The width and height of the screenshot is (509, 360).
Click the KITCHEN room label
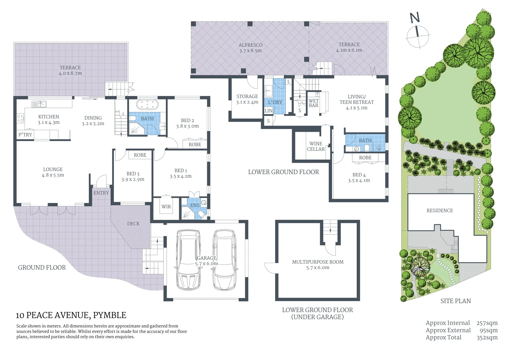click(x=49, y=117)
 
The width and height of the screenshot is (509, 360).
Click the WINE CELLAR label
click(x=315, y=146)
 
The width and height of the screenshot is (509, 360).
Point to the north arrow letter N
click(x=415, y=18)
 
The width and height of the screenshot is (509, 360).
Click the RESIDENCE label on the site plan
click(x=440, y=211)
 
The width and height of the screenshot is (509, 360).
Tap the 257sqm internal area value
click(x=487, y=323)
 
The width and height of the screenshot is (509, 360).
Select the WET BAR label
click(x=313, y=103)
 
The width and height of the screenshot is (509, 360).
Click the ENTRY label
click(x=101, y=193)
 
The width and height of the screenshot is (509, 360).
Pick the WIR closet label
click(x=166, y=207)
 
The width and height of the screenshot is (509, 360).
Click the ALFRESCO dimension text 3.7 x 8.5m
click(x=251, y=51)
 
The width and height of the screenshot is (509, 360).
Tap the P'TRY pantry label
click(x=25, y=135)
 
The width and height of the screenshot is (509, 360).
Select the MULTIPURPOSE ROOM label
click(x=318, y=262)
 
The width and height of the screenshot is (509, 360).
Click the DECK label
click(x=133, y=224)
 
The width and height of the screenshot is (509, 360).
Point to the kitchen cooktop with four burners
click(x=20, y=118)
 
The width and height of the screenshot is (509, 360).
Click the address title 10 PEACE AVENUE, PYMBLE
click(x=71, y=315)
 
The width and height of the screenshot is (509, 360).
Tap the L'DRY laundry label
click(x=275, y=102)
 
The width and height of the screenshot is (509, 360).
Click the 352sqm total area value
click(x=487, y=338)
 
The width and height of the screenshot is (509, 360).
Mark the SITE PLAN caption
click(x=455, y=301)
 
